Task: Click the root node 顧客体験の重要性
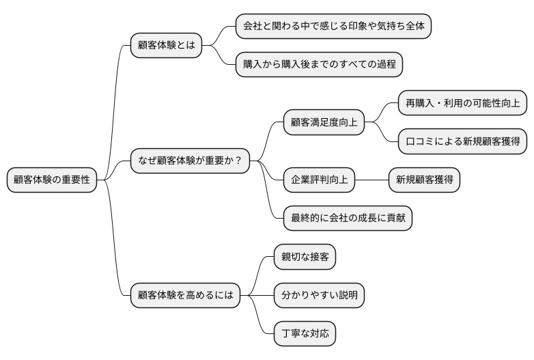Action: point(52,180)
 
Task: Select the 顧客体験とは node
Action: point(166,46)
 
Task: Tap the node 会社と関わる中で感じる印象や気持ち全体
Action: point(333,27)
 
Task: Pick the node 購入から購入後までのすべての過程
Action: point(319,64)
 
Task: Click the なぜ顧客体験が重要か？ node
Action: point(190,161)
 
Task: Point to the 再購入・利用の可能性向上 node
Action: point(462,103)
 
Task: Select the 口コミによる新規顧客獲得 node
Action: point(462,141)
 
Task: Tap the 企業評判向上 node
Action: point(320,180)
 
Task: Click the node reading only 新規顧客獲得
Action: point(423,180)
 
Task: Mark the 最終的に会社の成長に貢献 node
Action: point(348,218)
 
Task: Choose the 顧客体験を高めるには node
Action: point(185,295)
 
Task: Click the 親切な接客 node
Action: point(305,257)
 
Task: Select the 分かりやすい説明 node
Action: point(319,295)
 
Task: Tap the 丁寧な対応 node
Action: point(305,334)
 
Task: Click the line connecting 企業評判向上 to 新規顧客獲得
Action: point(371,180)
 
